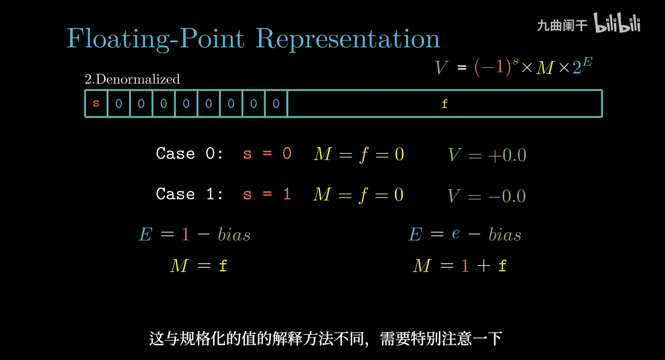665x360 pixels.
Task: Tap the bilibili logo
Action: tap(617, 23)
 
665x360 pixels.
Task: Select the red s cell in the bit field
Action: tap(96, 103)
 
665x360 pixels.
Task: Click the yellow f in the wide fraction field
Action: tap(444, 104)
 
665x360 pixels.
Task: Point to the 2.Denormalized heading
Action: tap(132, 79)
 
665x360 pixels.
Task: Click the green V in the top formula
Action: tap(441, 67)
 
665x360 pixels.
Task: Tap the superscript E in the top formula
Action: tap(588, 62)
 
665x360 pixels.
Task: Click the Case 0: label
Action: tap(189, 154)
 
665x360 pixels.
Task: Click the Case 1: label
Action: tap(189, 194)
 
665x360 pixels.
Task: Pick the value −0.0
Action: tap(507, 196)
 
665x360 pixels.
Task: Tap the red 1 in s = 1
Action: tap(287, 194)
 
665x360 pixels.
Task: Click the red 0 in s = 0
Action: tap(287, 154)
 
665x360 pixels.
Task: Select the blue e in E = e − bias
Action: tap(456, 233)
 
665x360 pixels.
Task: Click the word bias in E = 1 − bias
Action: tap(234, 234)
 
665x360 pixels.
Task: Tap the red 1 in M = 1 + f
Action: tap(465, 266)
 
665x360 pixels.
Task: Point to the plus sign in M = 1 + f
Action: tap(484, 266)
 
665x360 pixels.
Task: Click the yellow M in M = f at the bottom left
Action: tap(179, 266)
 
